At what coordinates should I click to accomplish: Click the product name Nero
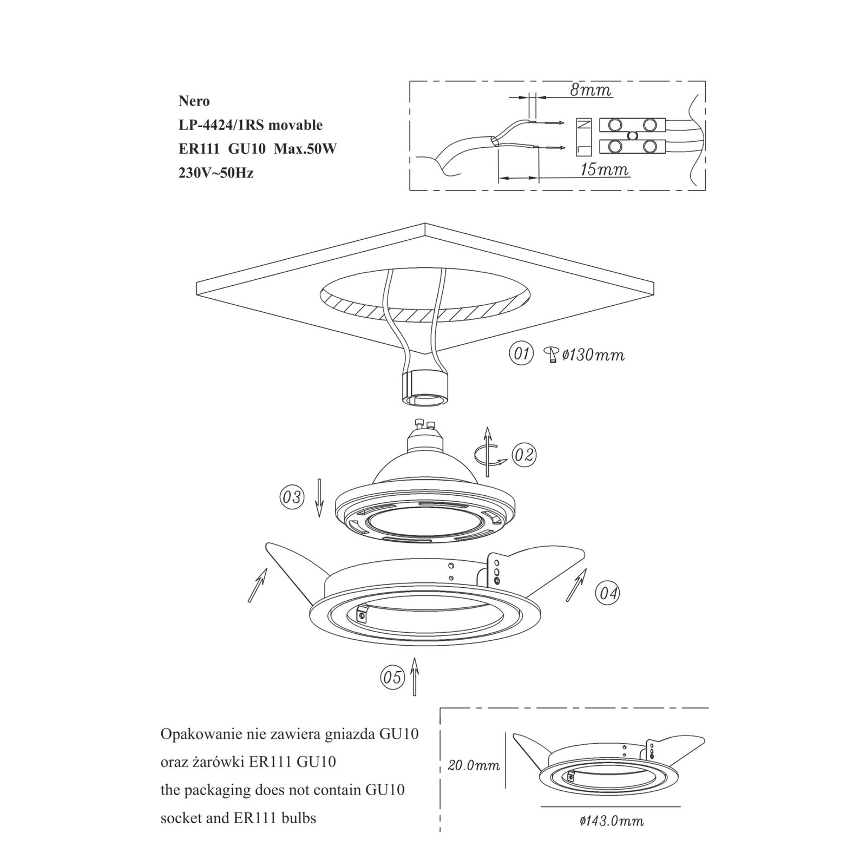coord(194,101)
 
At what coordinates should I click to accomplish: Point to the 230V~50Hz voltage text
coord(216,173)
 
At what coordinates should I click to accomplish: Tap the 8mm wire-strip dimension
coord(591,90)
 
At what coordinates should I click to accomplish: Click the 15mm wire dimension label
coord(604,170)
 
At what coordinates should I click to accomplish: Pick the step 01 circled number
coord(521,355)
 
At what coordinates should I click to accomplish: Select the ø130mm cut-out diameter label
coord(593,355)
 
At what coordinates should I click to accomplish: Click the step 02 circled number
coord(523,455)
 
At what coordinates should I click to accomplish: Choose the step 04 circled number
coord(607,593)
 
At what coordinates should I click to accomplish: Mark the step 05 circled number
coord(392,677)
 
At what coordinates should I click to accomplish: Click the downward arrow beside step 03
coord(319,498)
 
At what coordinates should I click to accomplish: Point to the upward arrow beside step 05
coord(414,676)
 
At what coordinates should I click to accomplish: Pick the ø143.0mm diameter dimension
coord(612,836)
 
